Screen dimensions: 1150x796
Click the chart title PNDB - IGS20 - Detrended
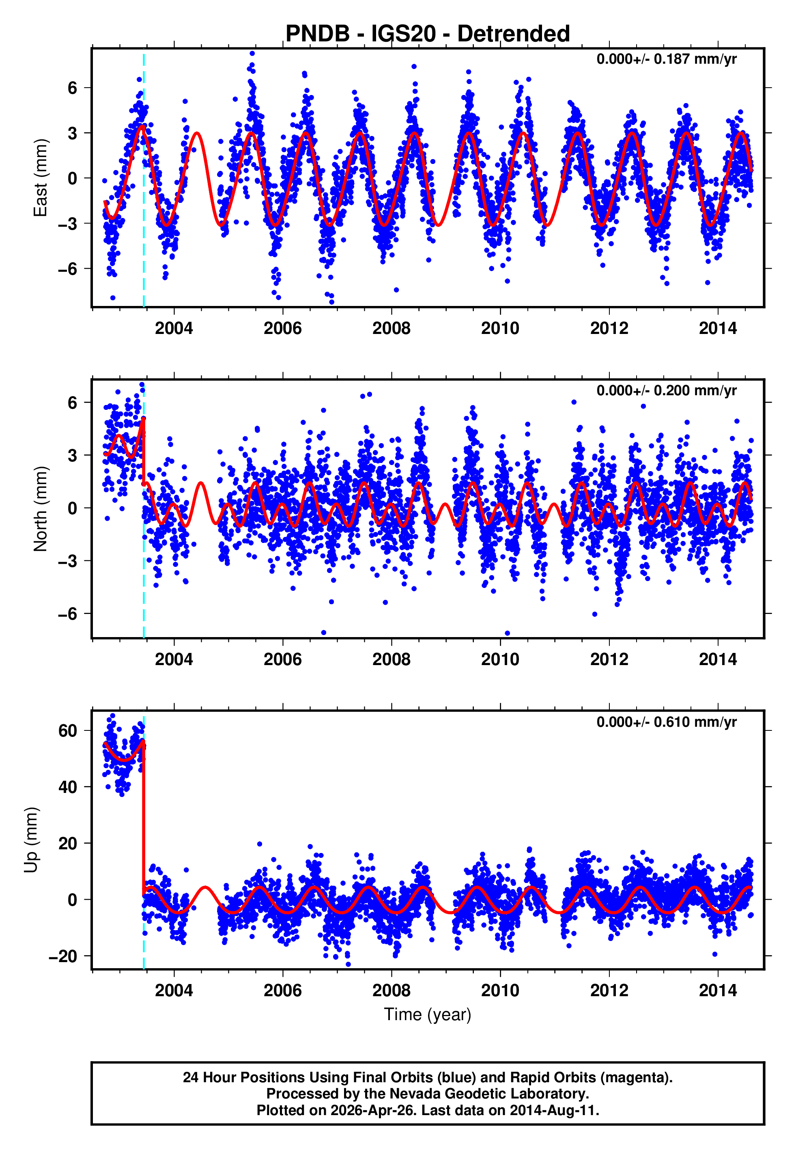click(x=428, y=34)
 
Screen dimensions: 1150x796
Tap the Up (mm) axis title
click(x=31, y=840)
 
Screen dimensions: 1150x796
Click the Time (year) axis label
click(x=428, y=1014)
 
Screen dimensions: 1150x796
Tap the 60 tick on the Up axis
click(x=68, y=731)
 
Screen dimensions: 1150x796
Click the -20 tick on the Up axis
click(x=63, y=956)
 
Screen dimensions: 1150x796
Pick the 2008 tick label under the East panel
click(x=392, y=329)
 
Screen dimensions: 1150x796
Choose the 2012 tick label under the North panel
click(x=609, y=660)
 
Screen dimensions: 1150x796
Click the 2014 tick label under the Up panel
click(x=718, y=991)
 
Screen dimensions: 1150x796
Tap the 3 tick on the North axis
click(x=73, y=455)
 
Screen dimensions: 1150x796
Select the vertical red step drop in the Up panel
click(x=144, y=818)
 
